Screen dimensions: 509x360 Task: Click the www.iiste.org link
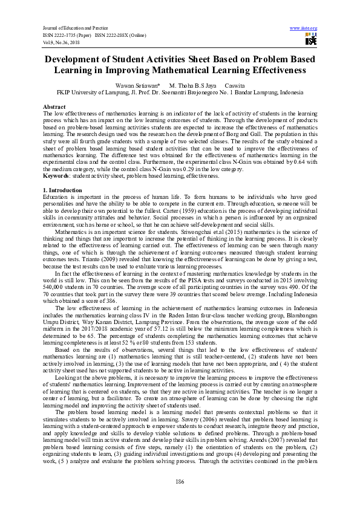point(304,28)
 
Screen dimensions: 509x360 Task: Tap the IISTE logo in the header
point(311,39)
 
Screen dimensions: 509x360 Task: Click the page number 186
point(180,481)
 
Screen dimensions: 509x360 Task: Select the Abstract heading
point(54,106)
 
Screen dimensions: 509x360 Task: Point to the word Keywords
point(57,177)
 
